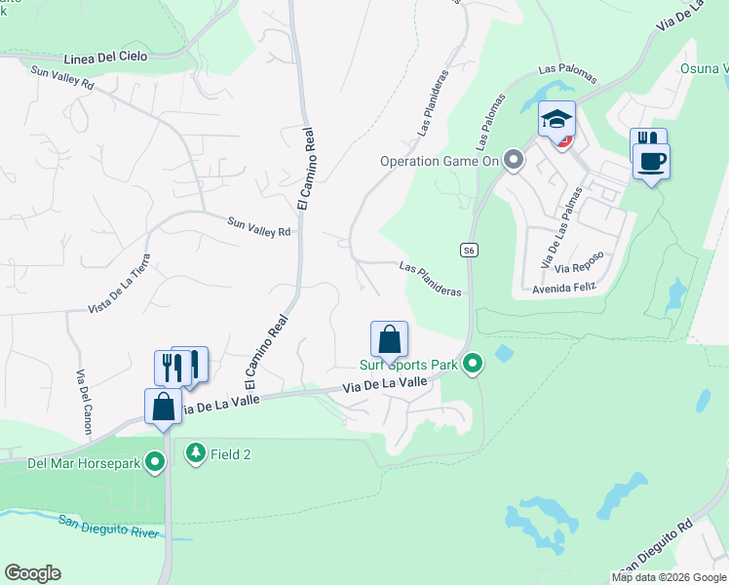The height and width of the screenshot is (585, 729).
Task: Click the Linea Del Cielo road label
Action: coord(105,57)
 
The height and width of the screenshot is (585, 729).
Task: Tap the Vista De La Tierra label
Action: coord(120,283)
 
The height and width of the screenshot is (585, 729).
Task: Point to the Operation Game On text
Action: coord(440,161)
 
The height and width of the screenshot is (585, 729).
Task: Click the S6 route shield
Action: coord(470,251)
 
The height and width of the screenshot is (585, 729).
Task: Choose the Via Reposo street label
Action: coord(579,261)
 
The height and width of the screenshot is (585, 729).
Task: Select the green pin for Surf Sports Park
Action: coord(473,365)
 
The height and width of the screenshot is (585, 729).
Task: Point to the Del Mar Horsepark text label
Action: coord(72,461)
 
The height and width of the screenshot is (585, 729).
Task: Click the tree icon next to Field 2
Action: coord(196,453)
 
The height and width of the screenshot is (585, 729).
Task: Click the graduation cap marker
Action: coord(556,120)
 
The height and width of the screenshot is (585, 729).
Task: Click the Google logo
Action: coord(32,573)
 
